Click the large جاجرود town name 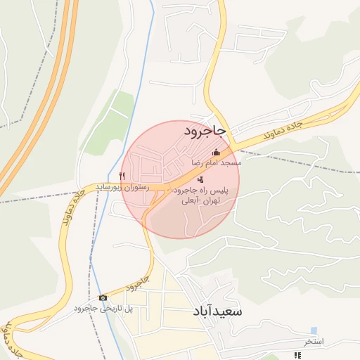coord(205,131)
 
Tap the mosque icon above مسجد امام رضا coord(216,153)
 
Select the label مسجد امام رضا coord(217,162)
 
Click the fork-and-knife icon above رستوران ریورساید coord(122,176)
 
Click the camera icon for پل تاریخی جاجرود coord(103,298)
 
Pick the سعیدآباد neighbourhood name coord(216,311)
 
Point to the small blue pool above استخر coord(314,330)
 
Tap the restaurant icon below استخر coord(297,355)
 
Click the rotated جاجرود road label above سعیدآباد coord(139,284)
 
